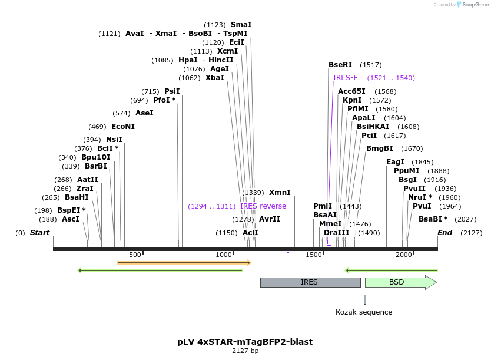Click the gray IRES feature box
tap(310, 282)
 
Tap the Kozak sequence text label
tap(364, 312)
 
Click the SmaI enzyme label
tap(241, 25)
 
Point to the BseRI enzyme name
tap(340, 65)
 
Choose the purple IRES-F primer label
tap(346, 78)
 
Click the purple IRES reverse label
tap(263, 206)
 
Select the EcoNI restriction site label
tap(123, 127)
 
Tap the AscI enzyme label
tap(71, 219)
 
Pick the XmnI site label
tap(280, 193)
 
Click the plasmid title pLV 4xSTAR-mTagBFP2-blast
tap(245, 342)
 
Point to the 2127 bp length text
tap(245, 351)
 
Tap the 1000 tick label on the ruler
tap(224, 255)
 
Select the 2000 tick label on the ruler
tap(404, 255)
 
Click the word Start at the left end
tap(39, 233)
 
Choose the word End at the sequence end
tap(444, 233)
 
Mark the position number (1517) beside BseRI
tap(371, 65)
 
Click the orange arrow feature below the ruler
tap(184, 262)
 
